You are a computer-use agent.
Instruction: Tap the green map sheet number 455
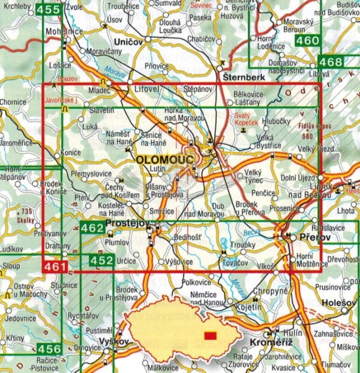pyautogui.click(x=54, y=9)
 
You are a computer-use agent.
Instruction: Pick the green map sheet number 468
pyautogui.click(x=330, y=62)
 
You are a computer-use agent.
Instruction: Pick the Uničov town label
pyautogui.click(x=128, y=42)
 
